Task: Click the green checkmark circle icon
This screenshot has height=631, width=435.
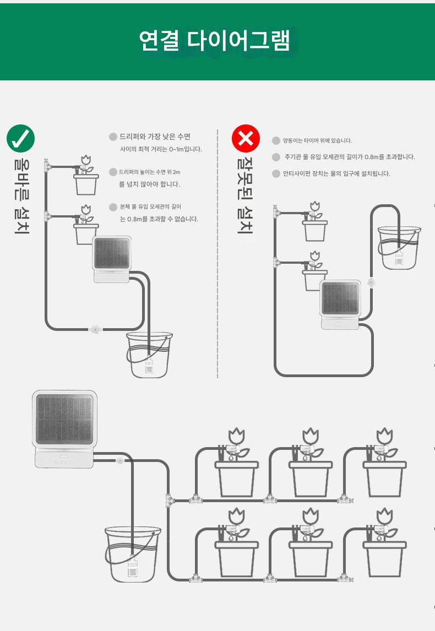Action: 20,138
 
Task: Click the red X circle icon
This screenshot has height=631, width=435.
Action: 246,138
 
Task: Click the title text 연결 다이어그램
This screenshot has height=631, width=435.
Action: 215,40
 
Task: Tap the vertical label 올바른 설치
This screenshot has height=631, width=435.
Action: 21,196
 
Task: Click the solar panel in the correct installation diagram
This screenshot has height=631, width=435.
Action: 112,253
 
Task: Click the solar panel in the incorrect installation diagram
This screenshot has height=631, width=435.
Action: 340,298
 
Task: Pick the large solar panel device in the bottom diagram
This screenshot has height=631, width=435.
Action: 64,428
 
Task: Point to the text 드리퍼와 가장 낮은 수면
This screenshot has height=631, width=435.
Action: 155,137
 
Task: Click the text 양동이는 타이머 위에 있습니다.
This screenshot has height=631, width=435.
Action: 318,140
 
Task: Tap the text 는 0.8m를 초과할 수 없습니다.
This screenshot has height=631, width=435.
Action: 159,219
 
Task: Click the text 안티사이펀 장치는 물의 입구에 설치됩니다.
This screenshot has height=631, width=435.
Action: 336,173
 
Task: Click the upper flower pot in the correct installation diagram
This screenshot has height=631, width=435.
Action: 86,176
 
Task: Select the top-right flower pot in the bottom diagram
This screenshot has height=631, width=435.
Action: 385,463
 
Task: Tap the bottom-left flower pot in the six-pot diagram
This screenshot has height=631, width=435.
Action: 237,543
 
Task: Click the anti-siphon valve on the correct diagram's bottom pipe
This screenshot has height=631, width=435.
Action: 95,329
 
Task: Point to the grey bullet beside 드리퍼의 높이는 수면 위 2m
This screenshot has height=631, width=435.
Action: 113,172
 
